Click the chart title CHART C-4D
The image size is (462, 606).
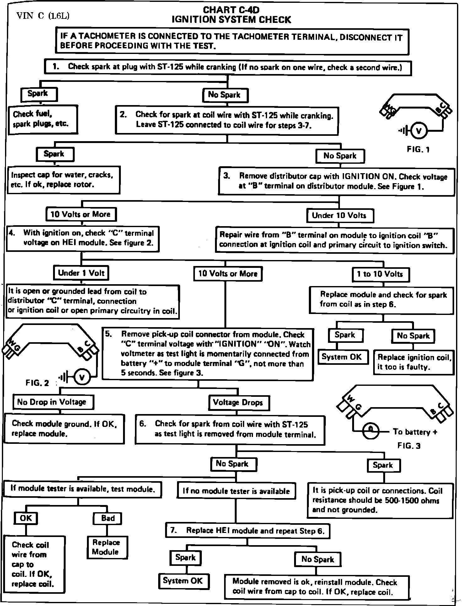pos(231,10)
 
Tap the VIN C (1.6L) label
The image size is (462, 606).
pos(43,16)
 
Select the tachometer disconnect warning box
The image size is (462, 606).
pos(232,41)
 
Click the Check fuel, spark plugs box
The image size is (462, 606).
pos(43,120)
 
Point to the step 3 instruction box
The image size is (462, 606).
pos(336,181)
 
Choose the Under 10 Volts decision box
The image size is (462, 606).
pos(340,215)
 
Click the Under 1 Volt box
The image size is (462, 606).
pos(81,273)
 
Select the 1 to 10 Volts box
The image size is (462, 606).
pos(381,274)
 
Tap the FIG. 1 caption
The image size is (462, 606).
pos(418,149)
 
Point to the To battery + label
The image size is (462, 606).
pos(415,432)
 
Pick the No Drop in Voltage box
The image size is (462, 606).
pos(53,402)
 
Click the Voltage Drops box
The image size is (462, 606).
pos(239,402)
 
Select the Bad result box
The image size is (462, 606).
pos(107,518)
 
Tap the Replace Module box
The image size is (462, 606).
pos(107,547)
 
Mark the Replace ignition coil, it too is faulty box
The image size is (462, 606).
pos(414,362)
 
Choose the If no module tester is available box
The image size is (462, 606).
pos(236,491)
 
